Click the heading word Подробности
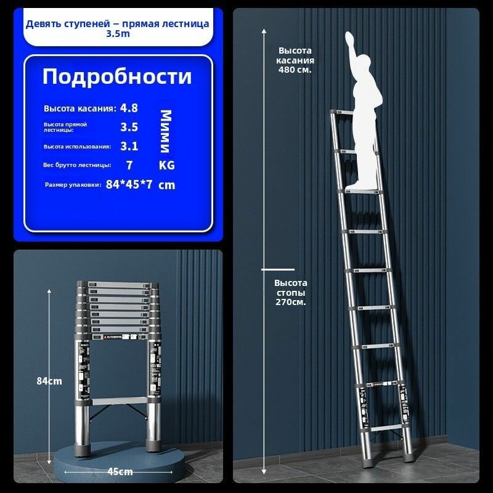click(116, 77)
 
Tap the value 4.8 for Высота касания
click(129, 108)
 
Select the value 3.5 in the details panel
click(129, 127)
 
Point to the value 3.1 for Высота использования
click(129, 146)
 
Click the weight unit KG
click(166, 165)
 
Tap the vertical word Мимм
click(166, 131)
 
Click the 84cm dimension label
click(49, 381)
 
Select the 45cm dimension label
click(120, 471)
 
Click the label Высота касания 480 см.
click(296, 60)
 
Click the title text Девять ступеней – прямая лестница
click(117, 23)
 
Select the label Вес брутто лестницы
click(78, 165)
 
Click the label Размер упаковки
click(73, 185)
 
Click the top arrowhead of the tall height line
click(264, 30)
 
